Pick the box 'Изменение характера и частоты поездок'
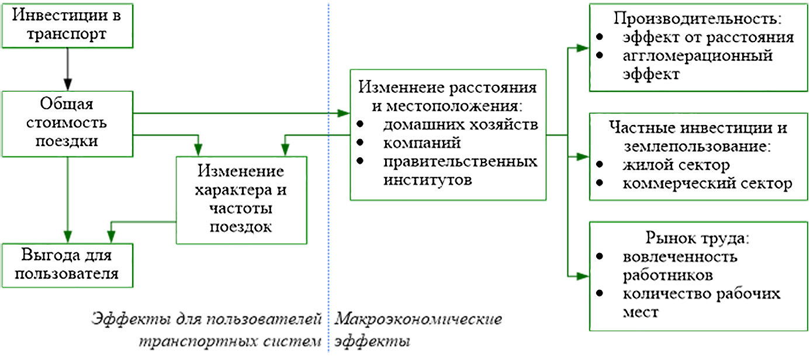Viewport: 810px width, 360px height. point(242,199)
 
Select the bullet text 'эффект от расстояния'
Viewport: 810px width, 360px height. point(708,37)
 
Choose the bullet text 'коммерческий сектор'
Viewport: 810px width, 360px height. point(707,184)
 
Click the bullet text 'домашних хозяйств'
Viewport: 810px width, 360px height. point(461,124)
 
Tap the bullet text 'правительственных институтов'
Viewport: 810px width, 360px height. point(460,169)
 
